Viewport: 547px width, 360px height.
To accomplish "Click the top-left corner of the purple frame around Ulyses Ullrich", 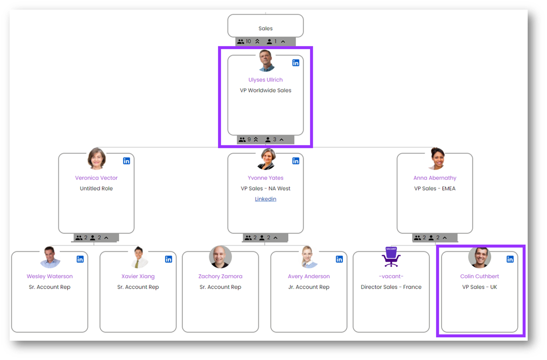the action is click(219, 47).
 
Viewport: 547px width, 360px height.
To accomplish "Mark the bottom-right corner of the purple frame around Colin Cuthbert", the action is click(524, 336).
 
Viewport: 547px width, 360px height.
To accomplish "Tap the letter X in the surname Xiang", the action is click(123, 276).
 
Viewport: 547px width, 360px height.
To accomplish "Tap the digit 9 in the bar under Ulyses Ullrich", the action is click(249, 139).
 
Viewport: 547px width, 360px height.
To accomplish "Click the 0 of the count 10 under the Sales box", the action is click(249, 41).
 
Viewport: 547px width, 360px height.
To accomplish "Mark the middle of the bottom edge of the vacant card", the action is click(391, 332).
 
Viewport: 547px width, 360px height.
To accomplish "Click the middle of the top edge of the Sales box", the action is click(265, 15).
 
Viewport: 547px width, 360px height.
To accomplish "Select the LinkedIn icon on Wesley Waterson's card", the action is click(80, 259).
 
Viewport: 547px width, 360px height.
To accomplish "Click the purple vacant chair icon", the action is click(391, 257).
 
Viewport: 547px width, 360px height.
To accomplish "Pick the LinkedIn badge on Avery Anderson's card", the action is click(340, 259).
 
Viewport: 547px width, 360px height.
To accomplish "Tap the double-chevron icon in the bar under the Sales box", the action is click(257, 41).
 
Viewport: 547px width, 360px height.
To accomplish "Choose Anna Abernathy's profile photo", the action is click(437, 159).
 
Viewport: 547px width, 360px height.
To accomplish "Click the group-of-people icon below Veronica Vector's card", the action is click(79, 238).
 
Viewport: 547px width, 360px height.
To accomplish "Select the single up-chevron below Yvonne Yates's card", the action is click(276, 238).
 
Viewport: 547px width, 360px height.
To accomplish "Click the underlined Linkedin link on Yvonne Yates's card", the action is click(265, 199).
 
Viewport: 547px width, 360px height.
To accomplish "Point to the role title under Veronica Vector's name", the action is click(96, 189).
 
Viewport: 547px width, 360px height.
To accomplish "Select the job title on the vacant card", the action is click(391, 287).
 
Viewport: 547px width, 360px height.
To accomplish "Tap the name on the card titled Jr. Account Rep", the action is click(309, 276).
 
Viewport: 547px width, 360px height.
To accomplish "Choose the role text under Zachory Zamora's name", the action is click(220, 287).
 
